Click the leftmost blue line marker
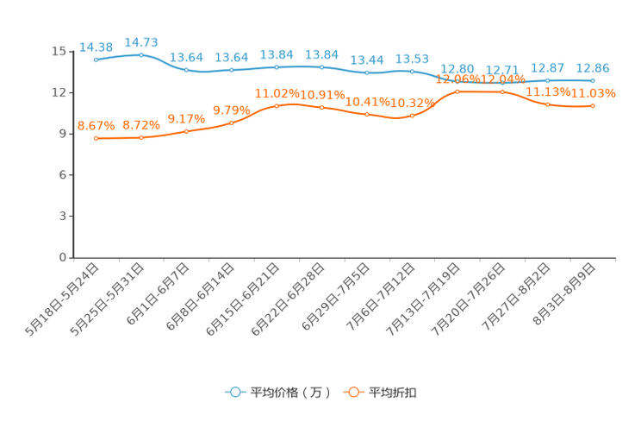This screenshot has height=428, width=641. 96,60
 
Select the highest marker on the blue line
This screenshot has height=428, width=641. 141,54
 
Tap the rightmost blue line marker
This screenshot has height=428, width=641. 593,80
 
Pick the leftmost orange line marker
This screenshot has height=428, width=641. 96,138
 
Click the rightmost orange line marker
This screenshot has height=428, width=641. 593,105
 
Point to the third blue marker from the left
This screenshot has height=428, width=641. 186,70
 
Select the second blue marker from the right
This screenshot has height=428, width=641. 548,80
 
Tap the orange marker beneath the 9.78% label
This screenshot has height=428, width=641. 232,123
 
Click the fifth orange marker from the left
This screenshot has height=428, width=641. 277,105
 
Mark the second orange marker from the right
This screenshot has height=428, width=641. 548,104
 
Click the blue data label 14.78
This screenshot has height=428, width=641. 141,41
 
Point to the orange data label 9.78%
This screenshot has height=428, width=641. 231,110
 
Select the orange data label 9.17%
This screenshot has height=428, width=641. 185,119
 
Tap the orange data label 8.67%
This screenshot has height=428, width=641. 95,126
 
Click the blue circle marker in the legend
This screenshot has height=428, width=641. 234,392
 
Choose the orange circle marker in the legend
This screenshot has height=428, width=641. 352,392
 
